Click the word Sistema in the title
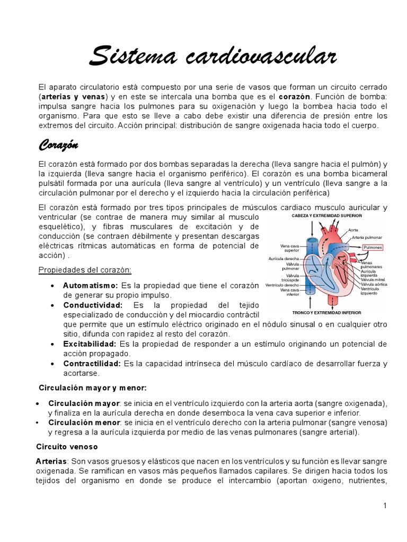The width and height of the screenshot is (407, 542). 132,56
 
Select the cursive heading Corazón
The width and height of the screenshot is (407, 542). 58,144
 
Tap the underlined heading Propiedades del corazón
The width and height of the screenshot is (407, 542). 85,270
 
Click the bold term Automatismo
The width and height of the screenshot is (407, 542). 91,285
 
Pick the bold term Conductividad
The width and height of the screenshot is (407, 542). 93,305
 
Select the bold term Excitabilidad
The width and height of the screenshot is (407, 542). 90,344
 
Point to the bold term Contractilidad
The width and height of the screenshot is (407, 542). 92,364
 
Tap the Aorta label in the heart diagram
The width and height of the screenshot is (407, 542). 354,230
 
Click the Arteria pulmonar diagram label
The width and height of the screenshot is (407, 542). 367,238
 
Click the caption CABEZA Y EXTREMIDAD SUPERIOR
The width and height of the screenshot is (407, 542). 326,216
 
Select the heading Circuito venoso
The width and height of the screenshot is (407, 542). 67,447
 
